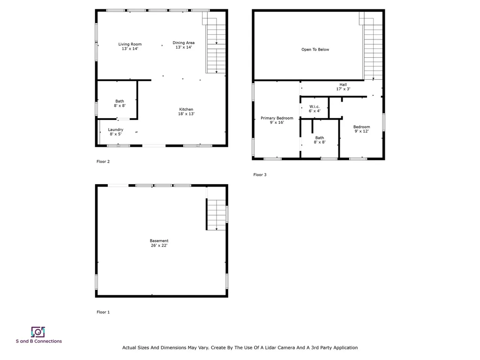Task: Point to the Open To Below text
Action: pyautogui.click(x=315, y=49)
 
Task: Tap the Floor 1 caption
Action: pyautogui.click(x=103, y=312)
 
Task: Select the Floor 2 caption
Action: pyautogui.click(x=103, y=162)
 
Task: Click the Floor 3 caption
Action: pyautogui.click(x=260, y=175)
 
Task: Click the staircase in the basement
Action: pyautogui.click(x=217, y=215)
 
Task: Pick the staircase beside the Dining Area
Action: pyautogui.click(x=216, y=47)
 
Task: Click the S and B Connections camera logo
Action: pyautogui.click(x=38, y=332)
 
